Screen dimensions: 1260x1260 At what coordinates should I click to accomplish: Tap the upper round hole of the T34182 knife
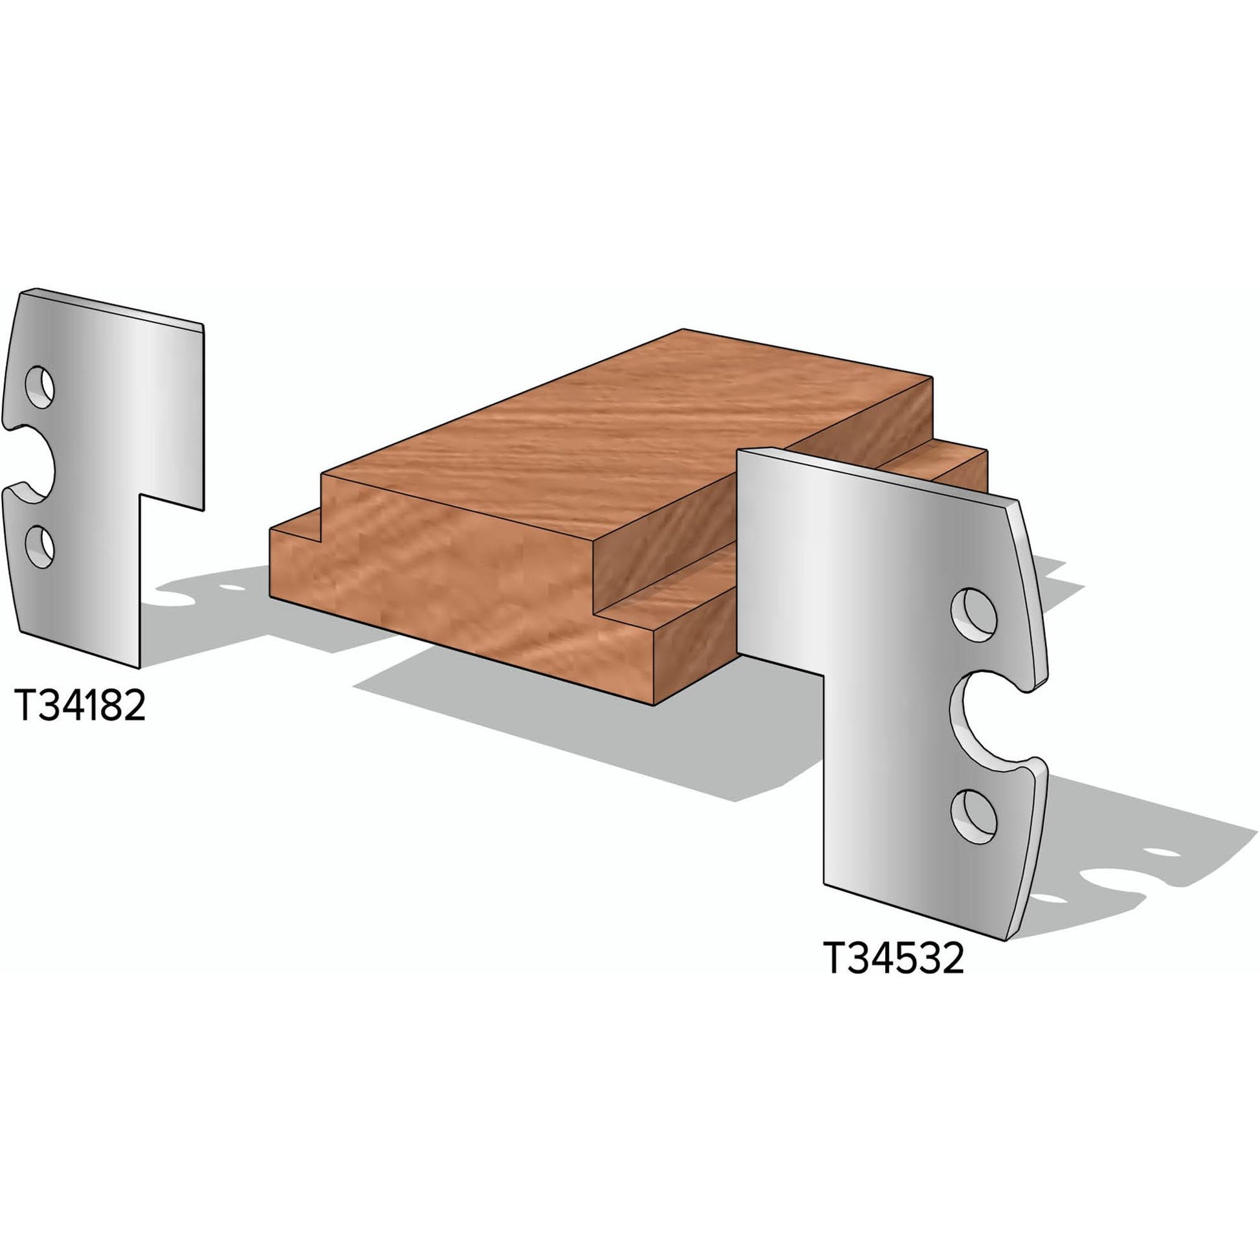click(39, 387)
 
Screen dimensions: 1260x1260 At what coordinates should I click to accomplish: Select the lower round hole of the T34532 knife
click(973, 818)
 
